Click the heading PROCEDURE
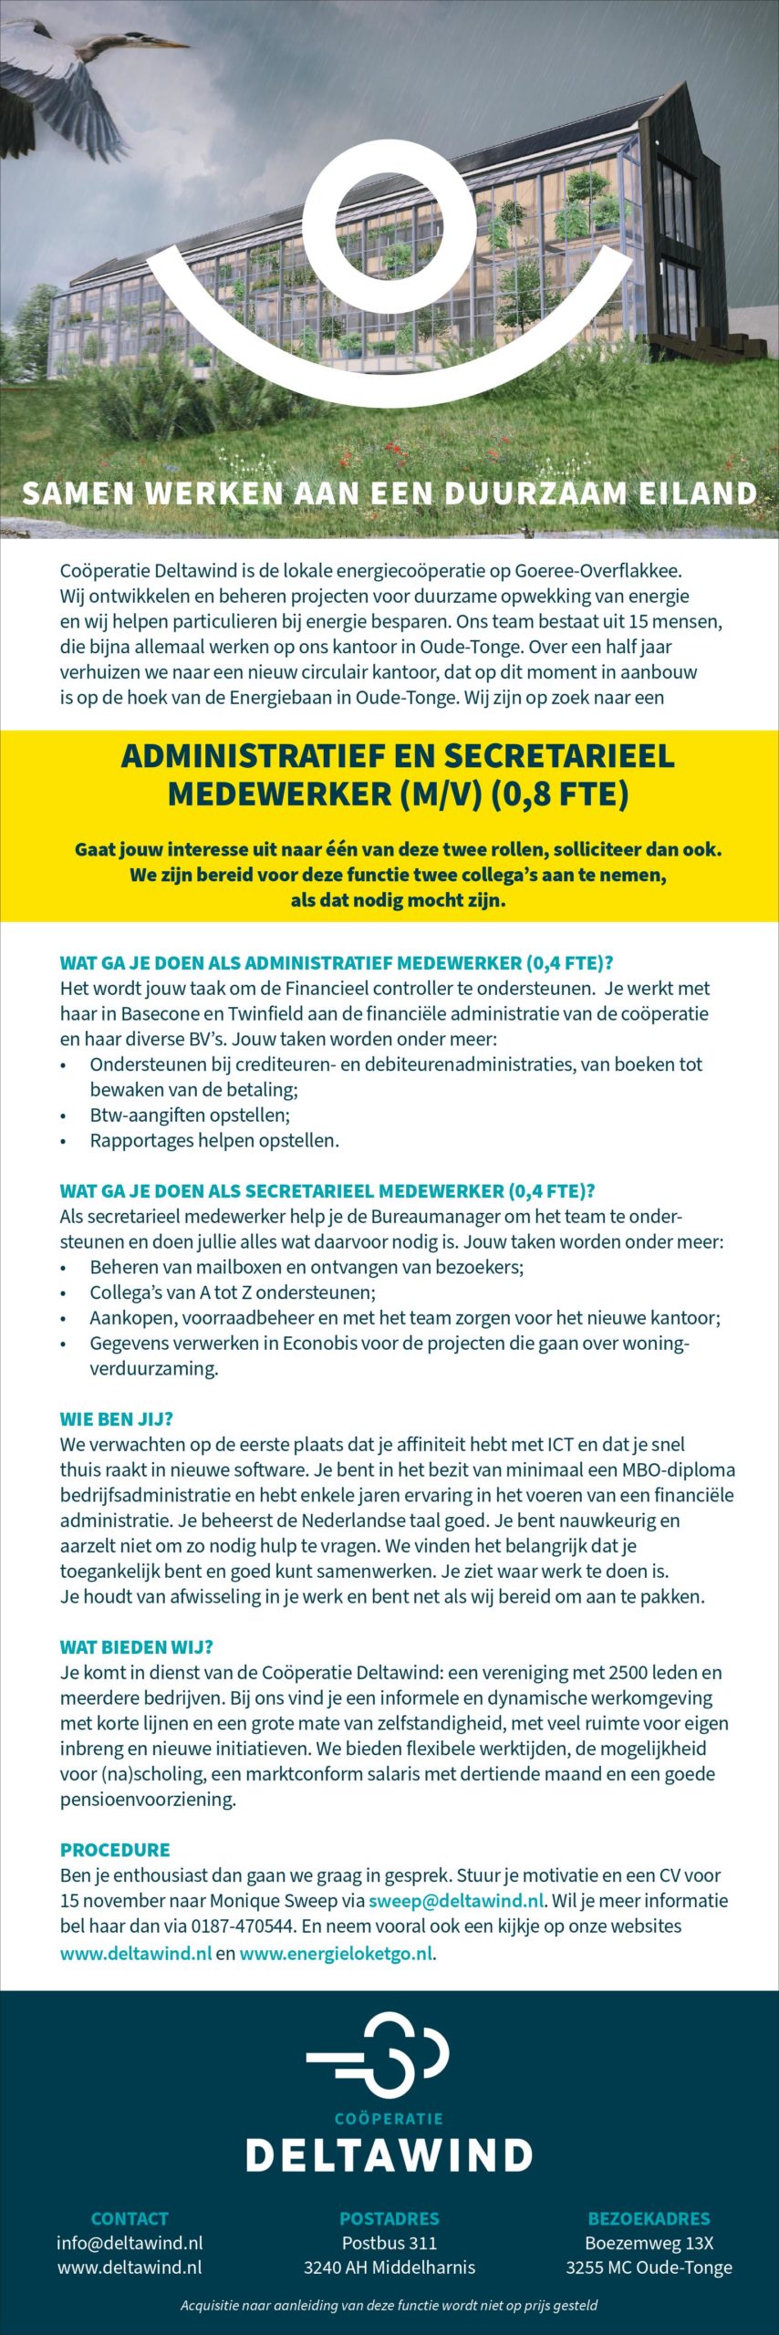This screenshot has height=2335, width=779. point(115,1850)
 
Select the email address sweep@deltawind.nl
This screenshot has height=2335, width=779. point(456,1901)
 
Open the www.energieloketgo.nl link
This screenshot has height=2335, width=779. point(336,1954)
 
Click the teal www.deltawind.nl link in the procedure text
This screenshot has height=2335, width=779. point(136,1954)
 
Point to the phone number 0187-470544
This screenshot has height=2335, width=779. point(243,1926)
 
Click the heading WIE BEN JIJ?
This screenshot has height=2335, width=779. point(116,1419)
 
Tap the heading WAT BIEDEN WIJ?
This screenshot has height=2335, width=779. point(136,1647)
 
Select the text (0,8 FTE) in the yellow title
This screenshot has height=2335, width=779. point(560,794)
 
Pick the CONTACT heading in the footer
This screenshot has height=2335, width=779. point(130,2218)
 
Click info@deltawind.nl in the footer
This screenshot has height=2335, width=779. point(130,2243)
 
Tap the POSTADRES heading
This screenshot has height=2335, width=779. point(389,2218)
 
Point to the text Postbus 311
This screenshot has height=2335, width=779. point(389,2243)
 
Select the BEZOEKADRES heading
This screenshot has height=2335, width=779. point(649,2218)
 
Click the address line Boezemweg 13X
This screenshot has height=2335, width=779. point(649,2243)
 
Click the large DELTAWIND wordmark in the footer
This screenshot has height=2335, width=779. point(389,2155)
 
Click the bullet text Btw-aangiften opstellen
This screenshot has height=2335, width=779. point(190,1115)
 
